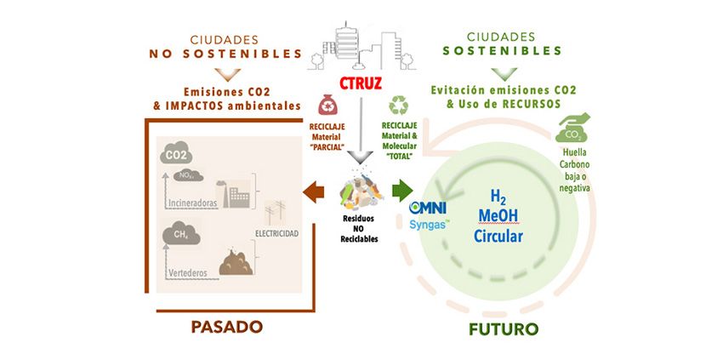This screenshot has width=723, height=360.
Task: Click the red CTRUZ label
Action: (360, 84)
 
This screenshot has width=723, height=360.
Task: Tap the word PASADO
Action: (226, 327)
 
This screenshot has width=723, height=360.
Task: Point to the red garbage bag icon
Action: (327, 106)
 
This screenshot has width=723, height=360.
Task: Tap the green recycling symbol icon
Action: (398, 106)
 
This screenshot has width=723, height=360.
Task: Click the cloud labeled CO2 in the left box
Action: (177, 156)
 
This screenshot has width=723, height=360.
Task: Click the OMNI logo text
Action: (430, 208)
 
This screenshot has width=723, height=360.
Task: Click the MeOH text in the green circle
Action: (498, 215)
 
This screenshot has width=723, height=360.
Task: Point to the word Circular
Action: (498, 236)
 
